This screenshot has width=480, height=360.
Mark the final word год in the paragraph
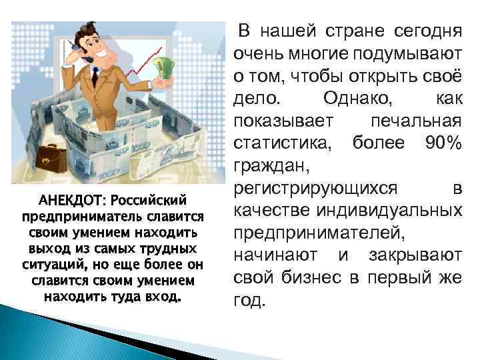pyautogui.click(x=249, y=301)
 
